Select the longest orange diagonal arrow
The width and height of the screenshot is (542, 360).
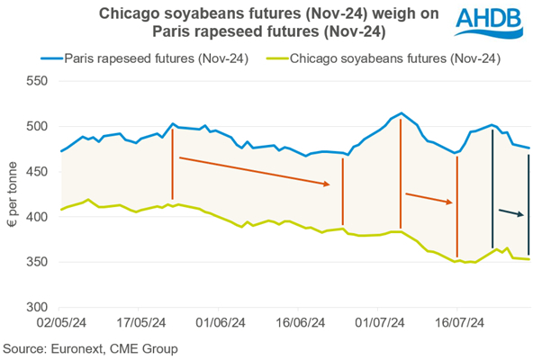tap(255, 172)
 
